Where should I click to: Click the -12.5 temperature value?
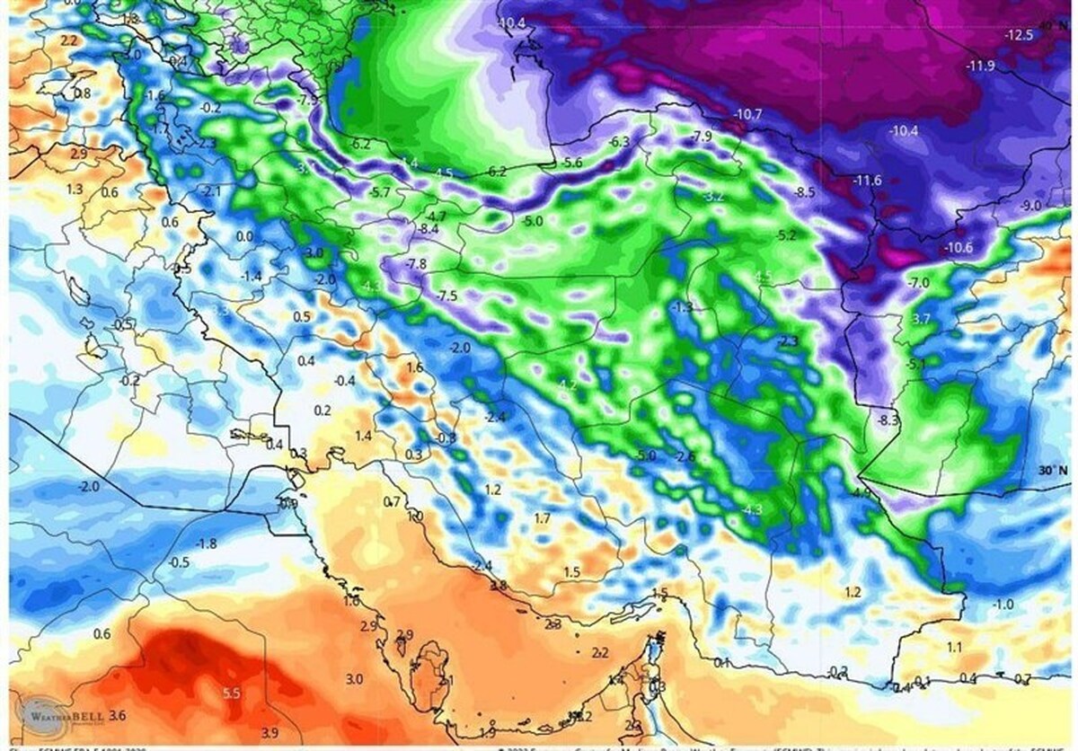pyautogui.click(x=1020, y=35)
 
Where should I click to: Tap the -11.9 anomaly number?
pyautogui.click(x=981, y=66)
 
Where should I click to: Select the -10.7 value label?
pyautogui.click(x=747, y=114)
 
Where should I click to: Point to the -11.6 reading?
pyautogui.click(x=867, y=181)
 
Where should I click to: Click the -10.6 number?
pyautogui.click(x=958, y=248)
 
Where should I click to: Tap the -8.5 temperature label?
pyautogui.click(x=804, y=192)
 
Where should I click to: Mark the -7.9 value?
pyautogui.click(x=702, y=137)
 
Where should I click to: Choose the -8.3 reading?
pyautogui.click(x=888, y=420)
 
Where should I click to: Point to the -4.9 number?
pyautogui.click(x=862, y=493)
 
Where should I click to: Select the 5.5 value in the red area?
pyautogui.click(x=231, y=694)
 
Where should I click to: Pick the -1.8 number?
pyautogui.click(x=207, y=543)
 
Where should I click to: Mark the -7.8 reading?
pyautogui.click(x=416, y=264)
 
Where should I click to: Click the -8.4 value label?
pyautogui.click(x=428, y=230)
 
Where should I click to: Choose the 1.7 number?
pyautogui.click(x=542, y=518)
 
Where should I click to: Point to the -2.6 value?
pyautogui.click(x=685, y=457)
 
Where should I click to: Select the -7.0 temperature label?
pyautogui.click(x=918, y=283)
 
